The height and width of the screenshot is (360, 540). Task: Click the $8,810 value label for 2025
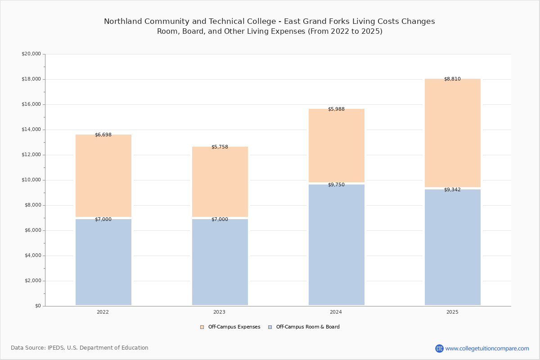point(452,79)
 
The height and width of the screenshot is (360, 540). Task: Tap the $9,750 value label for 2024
point(336,184)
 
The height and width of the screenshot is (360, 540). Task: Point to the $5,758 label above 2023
point(220,147)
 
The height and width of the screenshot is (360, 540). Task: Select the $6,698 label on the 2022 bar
point(103,135)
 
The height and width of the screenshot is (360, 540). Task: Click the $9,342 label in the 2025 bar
point(452,190)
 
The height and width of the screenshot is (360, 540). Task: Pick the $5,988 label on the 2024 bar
point(336,109)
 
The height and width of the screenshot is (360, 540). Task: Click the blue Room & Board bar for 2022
point(103,262)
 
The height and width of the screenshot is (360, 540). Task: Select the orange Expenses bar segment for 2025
point(453,133)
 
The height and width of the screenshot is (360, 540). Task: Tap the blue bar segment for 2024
point(337,245)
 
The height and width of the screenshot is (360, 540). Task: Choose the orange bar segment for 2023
point(220,181)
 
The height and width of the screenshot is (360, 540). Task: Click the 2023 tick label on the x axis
point(219,312)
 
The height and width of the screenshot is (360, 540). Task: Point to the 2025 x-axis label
point(452,312)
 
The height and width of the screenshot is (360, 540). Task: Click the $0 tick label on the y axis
point(38,306)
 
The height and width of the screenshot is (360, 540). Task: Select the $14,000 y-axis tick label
point(31,130)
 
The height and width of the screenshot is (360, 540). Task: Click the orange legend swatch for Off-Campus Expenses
point(202,327)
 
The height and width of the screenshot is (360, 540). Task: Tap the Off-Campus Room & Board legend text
point(308,327)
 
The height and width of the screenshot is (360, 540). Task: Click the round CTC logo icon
point(439,348)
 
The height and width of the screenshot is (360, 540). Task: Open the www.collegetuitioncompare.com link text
point(487,348)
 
